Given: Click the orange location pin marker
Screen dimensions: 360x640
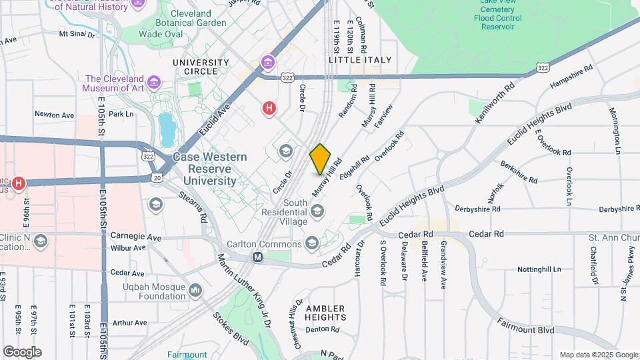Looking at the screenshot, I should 321,159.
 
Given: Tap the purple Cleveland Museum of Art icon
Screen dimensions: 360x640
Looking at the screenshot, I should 155,83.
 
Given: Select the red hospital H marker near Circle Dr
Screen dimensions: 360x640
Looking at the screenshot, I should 269,107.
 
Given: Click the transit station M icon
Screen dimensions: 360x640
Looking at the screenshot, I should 257,256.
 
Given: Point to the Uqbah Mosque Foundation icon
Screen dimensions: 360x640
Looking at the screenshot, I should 195,290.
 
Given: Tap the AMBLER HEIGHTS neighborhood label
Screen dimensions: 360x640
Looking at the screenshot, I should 325,313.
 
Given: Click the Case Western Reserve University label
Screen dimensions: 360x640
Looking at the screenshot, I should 209,169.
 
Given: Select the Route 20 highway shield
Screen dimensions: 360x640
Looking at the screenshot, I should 157,177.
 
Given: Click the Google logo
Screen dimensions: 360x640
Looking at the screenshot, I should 22,351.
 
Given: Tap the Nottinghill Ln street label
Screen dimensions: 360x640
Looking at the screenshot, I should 545,270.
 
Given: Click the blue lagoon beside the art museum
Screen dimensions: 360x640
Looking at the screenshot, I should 165,124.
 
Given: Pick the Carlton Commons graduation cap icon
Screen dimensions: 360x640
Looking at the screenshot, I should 312,242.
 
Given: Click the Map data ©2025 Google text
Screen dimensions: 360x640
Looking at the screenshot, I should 597,355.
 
